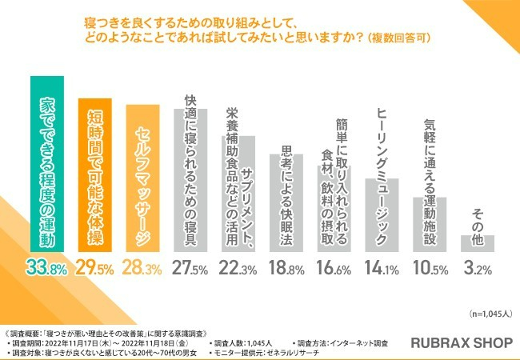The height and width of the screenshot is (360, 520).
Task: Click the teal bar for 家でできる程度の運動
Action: pos(47,164)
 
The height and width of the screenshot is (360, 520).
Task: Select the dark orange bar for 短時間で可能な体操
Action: pos(95,175)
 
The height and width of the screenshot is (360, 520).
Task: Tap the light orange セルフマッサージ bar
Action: pos(142,178)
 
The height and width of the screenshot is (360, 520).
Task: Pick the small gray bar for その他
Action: pos(478,244)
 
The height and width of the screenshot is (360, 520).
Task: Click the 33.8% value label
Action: pos(46,268)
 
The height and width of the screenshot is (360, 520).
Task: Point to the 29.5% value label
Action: pos(94,268)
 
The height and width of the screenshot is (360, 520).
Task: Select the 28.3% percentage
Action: pos(142,268)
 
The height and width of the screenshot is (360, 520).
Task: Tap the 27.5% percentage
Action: pos(190,268)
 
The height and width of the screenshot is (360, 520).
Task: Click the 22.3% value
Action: pos(238,268)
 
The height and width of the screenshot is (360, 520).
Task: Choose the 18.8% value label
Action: pos(286,268)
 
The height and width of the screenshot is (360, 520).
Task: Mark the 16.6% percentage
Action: pos(334,268)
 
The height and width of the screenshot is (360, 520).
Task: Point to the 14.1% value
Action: pos(382,268)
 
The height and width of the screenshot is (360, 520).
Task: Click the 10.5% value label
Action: pos(430,268)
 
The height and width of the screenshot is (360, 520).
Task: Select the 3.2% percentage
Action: pos(478,268)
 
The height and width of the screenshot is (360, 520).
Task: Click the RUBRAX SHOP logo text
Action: pos(462,343)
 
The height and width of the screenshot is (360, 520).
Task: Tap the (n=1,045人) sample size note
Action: pos(491,314)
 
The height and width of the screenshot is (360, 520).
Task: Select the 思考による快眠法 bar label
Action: pos(286,196)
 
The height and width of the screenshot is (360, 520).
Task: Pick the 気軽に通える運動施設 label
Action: pos(430,182)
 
